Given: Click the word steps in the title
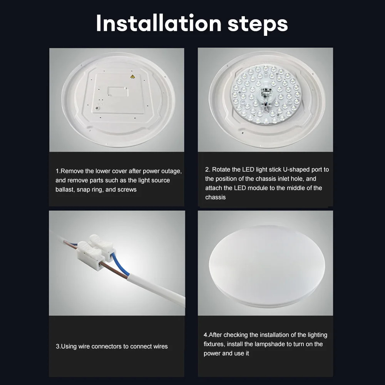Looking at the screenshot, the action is (258, 25).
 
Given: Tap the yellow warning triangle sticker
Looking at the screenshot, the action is (132, 77).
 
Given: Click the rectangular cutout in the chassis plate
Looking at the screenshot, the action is (117, 91).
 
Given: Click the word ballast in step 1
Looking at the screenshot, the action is (65, 189).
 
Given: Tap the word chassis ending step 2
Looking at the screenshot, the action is (215, 197).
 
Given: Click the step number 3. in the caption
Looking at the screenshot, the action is (58, 346).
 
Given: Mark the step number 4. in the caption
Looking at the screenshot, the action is (206, 335).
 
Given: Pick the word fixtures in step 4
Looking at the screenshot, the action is (214, 344).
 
